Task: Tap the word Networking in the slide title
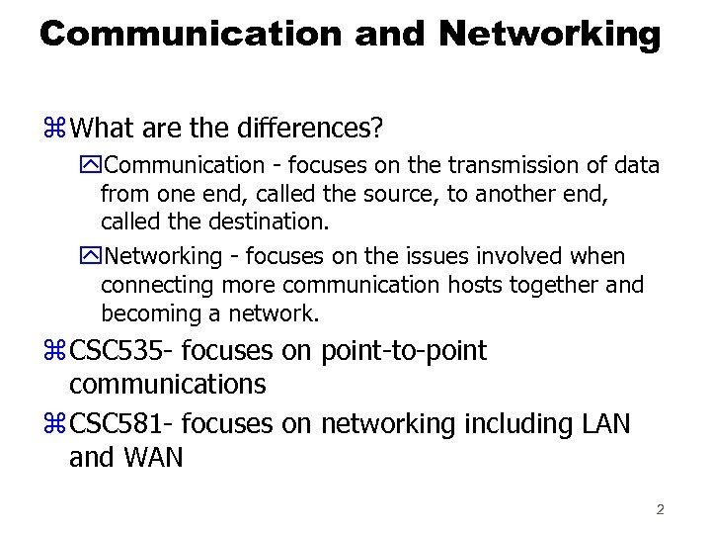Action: tap(549, 35)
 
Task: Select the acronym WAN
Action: tap(154, 459)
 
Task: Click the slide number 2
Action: tap(660, 510)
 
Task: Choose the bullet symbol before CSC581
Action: tap(53, 425)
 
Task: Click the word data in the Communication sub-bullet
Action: tap(638, 165)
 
